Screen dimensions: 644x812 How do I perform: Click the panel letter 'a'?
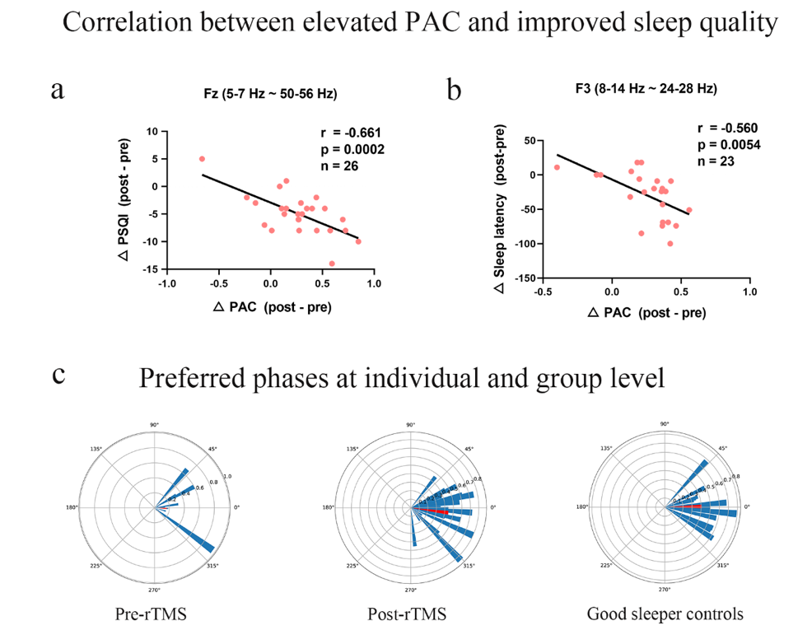57,89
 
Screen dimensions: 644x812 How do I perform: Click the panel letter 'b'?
454,89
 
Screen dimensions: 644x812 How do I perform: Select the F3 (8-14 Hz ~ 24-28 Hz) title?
642,89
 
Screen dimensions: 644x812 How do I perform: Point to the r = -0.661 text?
350,133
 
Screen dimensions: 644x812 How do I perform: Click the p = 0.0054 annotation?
728,145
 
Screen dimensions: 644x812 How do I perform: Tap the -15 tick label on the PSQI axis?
151,269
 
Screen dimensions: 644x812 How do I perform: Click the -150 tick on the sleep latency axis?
520,279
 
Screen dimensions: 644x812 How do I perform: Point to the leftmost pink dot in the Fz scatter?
202,159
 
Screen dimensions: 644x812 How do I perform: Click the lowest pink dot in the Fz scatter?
332,264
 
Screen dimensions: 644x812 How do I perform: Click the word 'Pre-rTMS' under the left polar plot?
154,614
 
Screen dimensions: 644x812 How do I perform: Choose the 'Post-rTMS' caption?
410,614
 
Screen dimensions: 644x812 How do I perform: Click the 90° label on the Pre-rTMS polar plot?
154,425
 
